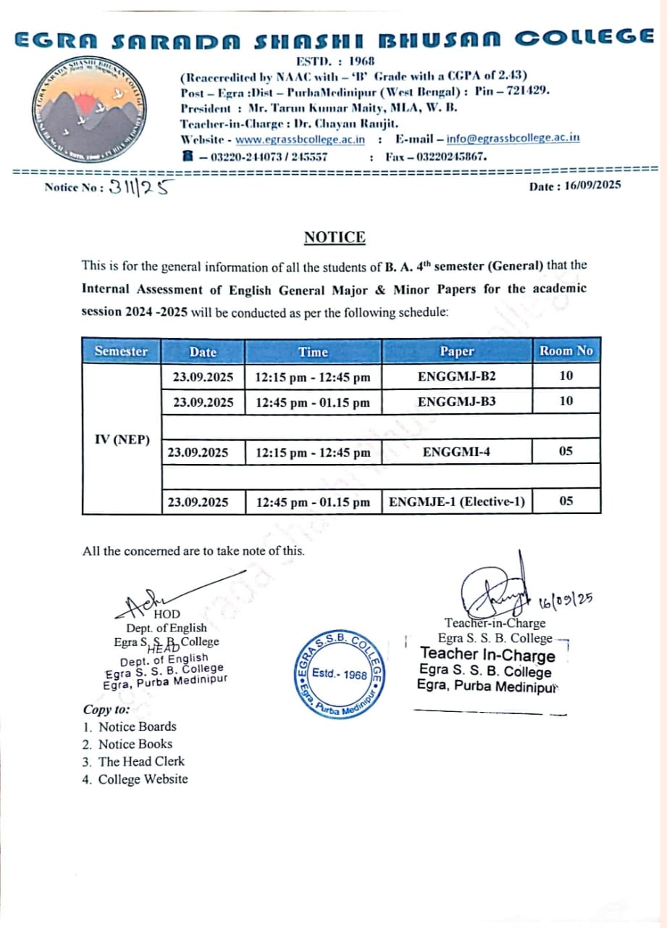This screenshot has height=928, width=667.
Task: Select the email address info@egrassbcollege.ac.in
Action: coord(513,138)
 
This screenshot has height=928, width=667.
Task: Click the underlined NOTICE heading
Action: coord(335,237)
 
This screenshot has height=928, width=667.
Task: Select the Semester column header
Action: coord(121,352)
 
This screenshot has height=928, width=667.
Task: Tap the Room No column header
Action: coord(566,351)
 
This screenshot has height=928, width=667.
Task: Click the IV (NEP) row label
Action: coord(121,439)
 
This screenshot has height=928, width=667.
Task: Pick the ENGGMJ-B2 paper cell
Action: coord(456,376)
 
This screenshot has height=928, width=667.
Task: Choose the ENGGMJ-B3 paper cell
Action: coord(456,401)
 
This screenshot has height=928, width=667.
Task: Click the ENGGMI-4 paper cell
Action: coord(456,452)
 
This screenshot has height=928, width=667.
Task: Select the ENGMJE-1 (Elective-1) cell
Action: coord(456,502)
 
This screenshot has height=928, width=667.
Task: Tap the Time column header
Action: coord(313,352)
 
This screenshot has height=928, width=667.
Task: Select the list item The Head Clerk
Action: coord(141,761)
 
